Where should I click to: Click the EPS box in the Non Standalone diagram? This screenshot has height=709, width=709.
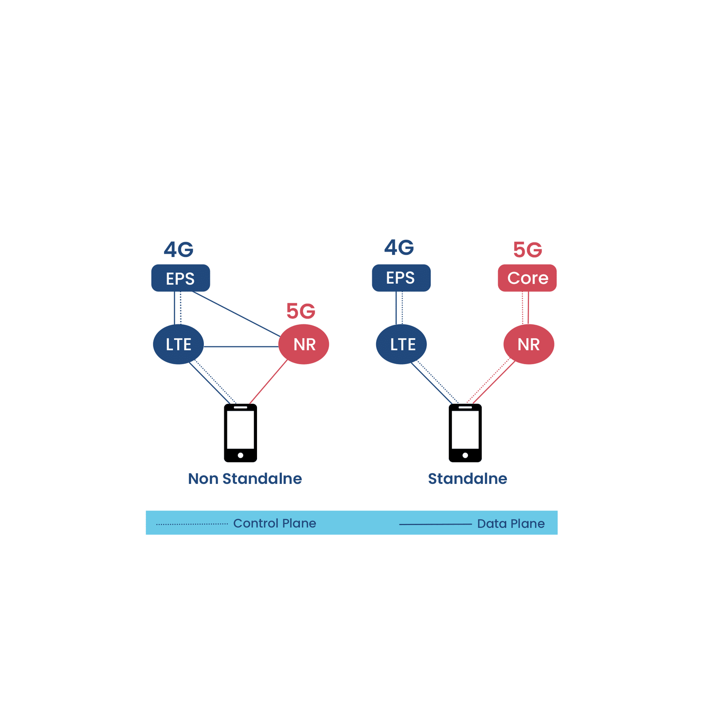(x=180, y=278)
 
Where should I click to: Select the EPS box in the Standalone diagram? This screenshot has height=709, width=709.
(x=401, y=278)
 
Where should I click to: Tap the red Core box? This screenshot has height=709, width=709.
(x=527, y=278)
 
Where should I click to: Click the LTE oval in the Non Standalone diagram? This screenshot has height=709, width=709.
(x=178, y=344)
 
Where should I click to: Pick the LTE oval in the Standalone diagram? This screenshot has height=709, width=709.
(x=401, y=344)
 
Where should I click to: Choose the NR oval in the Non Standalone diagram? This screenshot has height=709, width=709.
(x=304, y=344)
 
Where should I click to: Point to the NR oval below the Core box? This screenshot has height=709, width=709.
(x=528, y=344)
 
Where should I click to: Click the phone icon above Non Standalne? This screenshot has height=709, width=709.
(x=240, y=433)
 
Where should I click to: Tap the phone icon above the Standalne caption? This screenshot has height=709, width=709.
(x=465, y=433)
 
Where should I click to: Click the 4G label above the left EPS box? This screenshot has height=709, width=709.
(x=179, y=249)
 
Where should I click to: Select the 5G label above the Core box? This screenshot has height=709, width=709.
(x=527, y=250)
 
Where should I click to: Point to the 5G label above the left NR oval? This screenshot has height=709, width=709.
(x=300, y=311)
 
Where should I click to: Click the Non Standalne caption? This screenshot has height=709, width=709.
(x=245, y=479)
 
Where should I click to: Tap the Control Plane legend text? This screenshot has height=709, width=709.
(x=274, y=523)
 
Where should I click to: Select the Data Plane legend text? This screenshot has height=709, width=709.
(x=510, y=524)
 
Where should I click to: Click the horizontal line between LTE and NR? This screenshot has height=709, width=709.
(x=241, y=347)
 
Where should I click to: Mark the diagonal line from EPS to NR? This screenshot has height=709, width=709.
(x=236, y=314)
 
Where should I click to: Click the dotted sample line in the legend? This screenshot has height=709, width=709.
(x=192, y=524)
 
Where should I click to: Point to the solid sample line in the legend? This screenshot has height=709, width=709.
(x=435, y=524)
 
